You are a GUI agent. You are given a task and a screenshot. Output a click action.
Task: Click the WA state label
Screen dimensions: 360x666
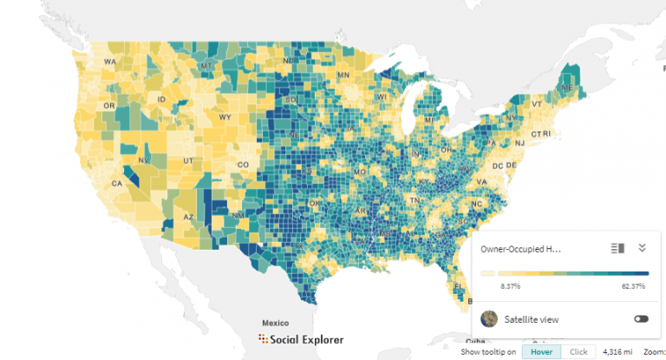coord(110,62)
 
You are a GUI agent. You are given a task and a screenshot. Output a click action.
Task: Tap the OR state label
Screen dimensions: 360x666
coord(108,106)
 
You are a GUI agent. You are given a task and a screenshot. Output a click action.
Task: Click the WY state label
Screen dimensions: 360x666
coord(225,117)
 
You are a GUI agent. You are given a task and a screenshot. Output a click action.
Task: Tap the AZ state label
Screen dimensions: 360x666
coord(189,217)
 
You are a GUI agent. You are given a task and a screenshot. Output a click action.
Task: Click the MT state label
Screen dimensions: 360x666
coord(206,66)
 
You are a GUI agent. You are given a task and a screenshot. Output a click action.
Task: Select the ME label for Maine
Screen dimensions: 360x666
coord(566,88)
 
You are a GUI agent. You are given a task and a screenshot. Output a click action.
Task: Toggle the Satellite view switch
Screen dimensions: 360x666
coord(641,319)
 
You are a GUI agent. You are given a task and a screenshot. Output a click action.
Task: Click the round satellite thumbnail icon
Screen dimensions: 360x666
coord(489,319)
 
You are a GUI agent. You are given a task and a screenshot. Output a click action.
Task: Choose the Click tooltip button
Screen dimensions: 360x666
coord(578,351)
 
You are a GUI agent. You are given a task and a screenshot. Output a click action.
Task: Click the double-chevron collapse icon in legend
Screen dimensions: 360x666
coord(642,248)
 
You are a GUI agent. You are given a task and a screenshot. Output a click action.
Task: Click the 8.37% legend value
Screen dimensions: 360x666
coord(509,285)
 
